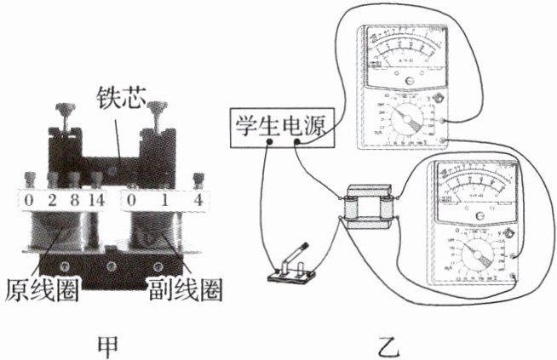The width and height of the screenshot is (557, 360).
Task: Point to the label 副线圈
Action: (x=184, y=289)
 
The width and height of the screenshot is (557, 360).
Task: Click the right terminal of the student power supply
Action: (x=297, y=140)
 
